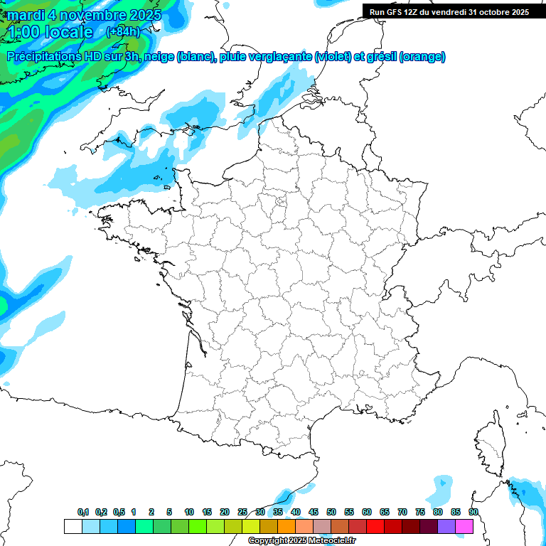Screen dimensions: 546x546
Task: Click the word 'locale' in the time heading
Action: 68,32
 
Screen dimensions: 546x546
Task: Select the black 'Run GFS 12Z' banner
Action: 449,11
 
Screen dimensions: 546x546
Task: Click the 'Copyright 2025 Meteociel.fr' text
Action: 301,540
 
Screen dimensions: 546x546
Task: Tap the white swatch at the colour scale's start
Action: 73,526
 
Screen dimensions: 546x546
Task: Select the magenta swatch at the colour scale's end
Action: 465,526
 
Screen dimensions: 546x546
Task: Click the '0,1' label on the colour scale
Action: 83,512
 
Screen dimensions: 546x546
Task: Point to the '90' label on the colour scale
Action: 473,512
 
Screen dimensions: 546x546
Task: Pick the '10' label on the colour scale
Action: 189,512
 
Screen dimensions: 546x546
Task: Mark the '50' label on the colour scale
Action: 331,512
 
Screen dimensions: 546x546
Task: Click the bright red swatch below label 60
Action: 375,526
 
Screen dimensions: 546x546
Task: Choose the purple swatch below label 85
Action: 447,526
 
